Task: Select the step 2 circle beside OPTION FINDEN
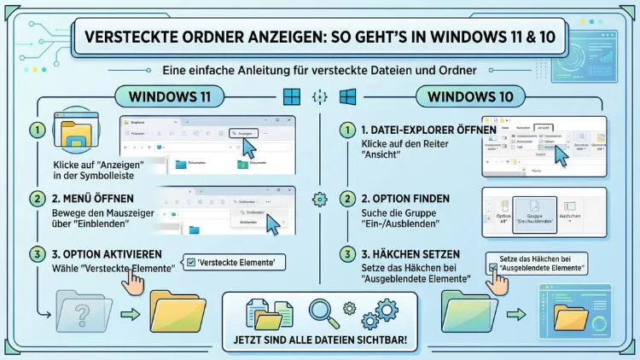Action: tap(346, 199)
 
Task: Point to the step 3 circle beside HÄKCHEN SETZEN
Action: tap(346, 254)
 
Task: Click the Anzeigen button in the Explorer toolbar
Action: tap(243, 133)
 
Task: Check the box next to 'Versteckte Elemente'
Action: tap(190, 263)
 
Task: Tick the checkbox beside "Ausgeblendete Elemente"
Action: tap(494, 268)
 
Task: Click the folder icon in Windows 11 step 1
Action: tap(77, 136)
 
